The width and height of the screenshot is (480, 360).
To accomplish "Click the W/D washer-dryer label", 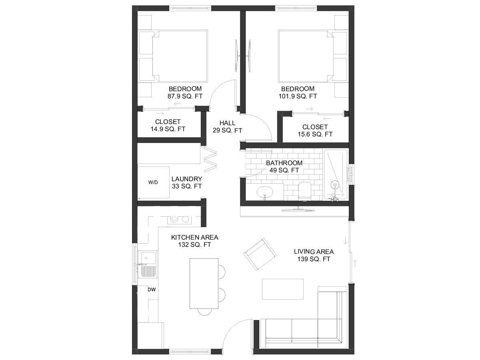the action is tap(153, 182).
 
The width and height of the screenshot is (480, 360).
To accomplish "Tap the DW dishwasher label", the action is tap(152, 290).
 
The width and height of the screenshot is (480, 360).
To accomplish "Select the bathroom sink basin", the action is tap(265, 192).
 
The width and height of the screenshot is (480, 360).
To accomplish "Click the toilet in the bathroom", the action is tap(305, 191).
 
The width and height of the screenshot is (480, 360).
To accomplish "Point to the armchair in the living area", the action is tap(260, 254).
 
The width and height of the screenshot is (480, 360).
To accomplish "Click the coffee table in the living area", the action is tap(283, 289).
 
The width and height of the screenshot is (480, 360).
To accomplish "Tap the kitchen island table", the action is tap(204, 284).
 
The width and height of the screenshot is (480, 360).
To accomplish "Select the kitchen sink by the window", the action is tap(148, 264).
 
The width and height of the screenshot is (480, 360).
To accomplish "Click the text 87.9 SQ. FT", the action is tap(185, 96).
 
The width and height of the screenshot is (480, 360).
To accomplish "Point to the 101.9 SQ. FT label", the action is tap(298, 96).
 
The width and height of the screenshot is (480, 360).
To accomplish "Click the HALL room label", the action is tap(228, 123).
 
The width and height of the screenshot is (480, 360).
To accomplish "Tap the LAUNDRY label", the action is tap(187, 179).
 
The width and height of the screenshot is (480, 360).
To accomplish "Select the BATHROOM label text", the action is tap(284, 163).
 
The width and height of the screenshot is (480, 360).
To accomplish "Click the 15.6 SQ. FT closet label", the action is tap(315, 134).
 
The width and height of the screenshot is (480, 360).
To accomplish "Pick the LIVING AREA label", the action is tap(314, 252).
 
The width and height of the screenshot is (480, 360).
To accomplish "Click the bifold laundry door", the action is tap(210, 159).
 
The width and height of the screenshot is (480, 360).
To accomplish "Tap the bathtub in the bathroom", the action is tap(335, 175).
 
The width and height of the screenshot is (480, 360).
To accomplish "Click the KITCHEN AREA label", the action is tap(195, 237).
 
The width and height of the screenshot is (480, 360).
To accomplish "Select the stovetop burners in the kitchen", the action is tap(179, 220).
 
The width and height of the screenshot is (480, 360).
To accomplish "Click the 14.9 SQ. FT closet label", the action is tap(168, 129).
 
